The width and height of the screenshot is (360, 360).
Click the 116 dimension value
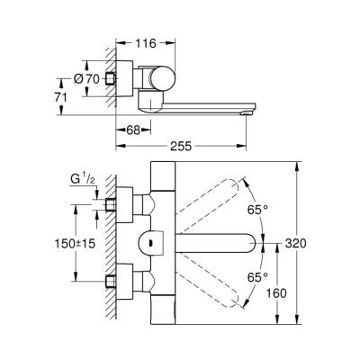(x=143, y=43)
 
